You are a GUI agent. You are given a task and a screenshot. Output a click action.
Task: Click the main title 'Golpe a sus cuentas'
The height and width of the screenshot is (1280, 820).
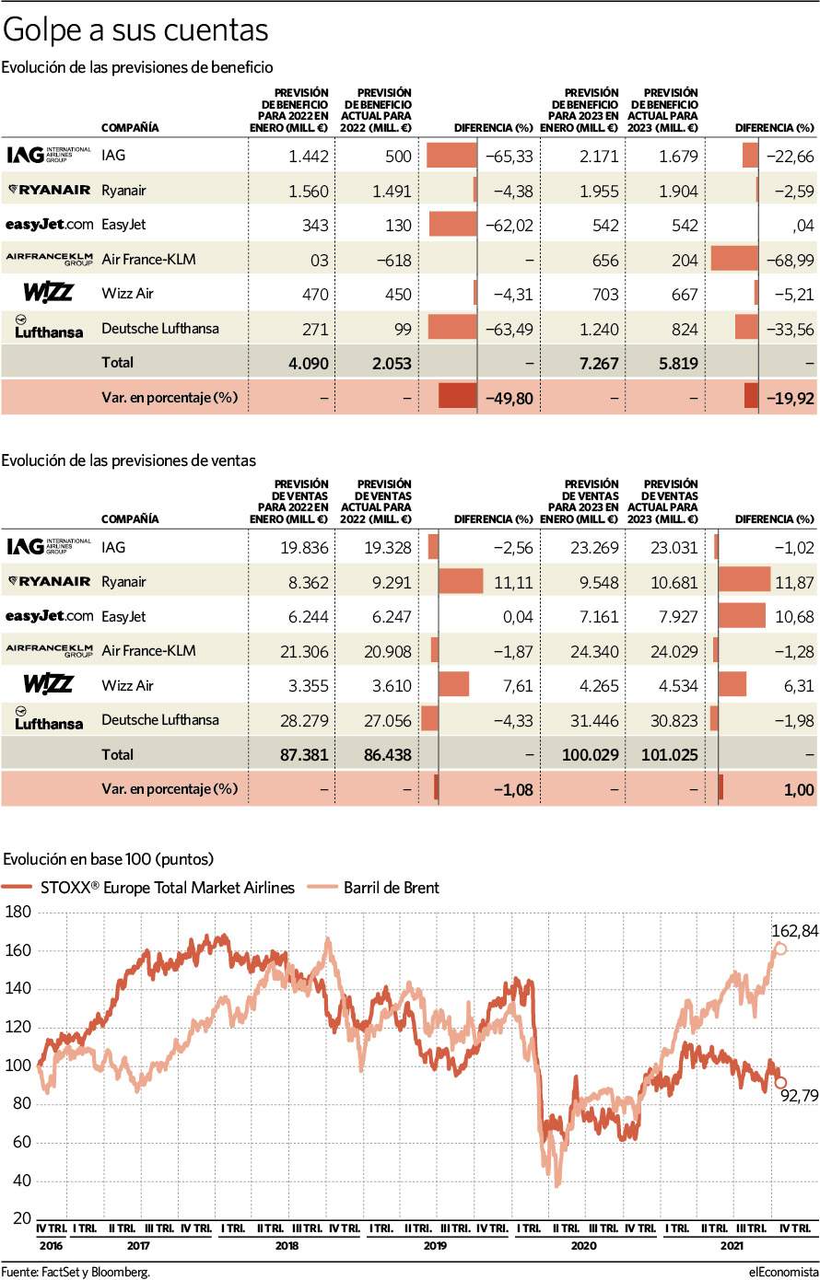coord(136,30)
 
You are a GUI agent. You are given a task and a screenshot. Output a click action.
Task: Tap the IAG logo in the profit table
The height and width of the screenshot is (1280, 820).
coord(48,156)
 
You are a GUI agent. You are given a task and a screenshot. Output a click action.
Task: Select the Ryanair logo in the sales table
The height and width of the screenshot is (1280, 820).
coord(48,581)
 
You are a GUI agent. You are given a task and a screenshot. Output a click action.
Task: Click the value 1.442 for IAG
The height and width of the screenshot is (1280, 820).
coord(308,157)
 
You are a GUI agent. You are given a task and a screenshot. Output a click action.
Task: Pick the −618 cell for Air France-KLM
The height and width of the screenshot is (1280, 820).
coord(392,260)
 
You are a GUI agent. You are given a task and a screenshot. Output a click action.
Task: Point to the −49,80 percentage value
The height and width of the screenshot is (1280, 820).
coord(510,397)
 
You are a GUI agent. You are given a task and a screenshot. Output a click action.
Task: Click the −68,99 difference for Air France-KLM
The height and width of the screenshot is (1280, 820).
coord(790,260)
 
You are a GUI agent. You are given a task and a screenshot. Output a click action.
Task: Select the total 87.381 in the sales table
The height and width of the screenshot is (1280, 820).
coord(303,754)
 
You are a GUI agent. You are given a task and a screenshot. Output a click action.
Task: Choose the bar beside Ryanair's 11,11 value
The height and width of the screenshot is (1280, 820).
coord(461,581)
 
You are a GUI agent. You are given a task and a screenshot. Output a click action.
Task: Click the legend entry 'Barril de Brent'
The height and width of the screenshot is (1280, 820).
coord(391,888)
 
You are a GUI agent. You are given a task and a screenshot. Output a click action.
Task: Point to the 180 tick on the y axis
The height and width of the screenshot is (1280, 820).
coord(18,912)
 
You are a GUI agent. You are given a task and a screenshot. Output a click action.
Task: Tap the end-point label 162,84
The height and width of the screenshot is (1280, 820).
coord(795,931)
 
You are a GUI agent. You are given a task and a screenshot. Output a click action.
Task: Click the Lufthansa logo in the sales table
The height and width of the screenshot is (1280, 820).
coord(48,718)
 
